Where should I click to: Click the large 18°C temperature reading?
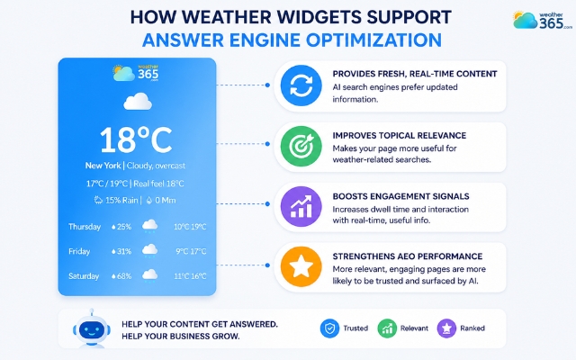click(136, 140)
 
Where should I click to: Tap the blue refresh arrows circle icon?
click(301, 85)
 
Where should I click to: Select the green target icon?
click(301, 146)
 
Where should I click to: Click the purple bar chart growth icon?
click(301, 206)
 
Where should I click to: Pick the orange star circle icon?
click(301, 266)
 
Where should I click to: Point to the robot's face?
click(92, 329)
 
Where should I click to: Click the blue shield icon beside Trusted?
click(329, 328)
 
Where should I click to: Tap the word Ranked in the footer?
click(472, 328)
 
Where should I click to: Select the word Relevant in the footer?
click(414, 328)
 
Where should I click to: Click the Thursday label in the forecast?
click(85, 227)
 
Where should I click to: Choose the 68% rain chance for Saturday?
click(121, 276)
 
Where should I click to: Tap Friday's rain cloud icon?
click(150, 251)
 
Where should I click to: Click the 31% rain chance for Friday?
click(121, 251)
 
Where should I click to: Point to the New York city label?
click(103, 166)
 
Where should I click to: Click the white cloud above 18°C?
click(138, 102)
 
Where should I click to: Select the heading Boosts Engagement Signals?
click(400, 196)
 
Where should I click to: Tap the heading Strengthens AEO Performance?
click(408, 256)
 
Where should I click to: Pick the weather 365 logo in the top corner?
click(543, 20)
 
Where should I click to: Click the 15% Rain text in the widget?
click(121, 200)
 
